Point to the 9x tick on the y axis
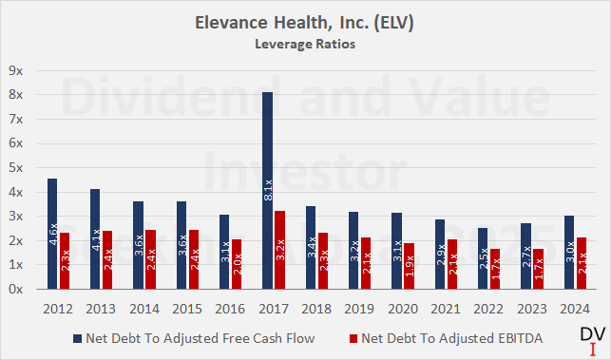pyautogui.click(x=16, y=70)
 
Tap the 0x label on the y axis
pyautogui.click(x=16, y=290)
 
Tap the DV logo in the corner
pyautogui.click(x=590, y=335)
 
